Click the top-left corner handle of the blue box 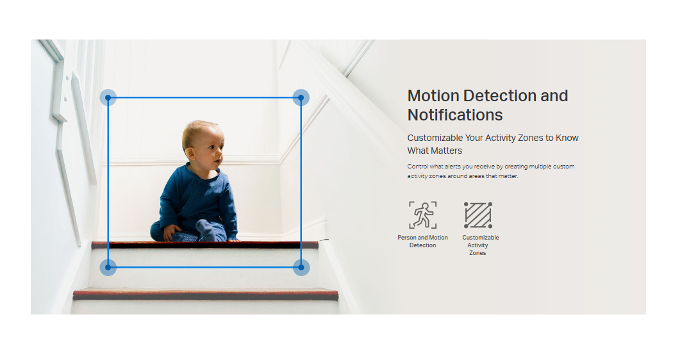point(108,97)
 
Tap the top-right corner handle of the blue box point(301,97)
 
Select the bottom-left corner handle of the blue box point(108,267)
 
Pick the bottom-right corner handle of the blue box point(301,267)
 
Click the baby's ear point(190,152)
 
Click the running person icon point(423,215)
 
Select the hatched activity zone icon point(478,215)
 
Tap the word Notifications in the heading point(455,115)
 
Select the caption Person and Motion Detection point(423,241)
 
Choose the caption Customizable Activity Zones point(480,245)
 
